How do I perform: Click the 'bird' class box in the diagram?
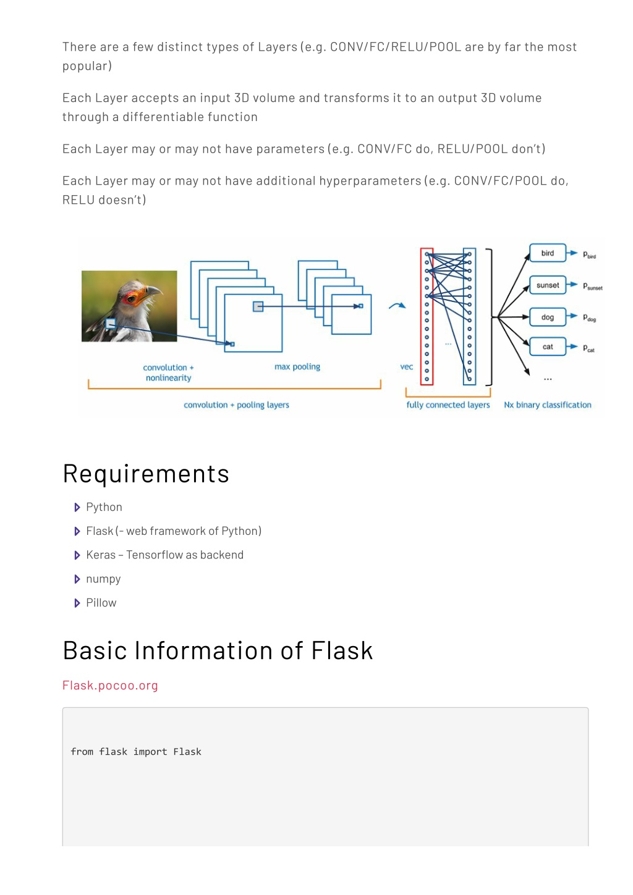[x=548, y=253]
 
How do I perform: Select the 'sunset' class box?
[x=548, y=285]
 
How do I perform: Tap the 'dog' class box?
[x=548, y=317]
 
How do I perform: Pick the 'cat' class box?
[x=548, y=347]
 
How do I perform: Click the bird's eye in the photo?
[x=131, y=299]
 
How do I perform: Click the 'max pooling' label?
[x=297, y=366]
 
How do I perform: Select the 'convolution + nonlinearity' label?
[x=168, y=372]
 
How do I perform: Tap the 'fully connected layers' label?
[x=448, y=405]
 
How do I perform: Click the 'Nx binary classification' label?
[x=548, y=405]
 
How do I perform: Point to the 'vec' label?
[x=406, y=367]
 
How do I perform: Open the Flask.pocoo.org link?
[x=110, y=685]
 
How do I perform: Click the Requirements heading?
[x=146, y=474]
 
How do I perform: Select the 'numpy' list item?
[x=103, y=579]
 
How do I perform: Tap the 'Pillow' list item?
[x=101, y=602]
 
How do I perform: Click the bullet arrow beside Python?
[x=77, y=508]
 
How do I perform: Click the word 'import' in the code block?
[x=150, y=752]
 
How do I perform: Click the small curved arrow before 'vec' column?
[x=397, y=306]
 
